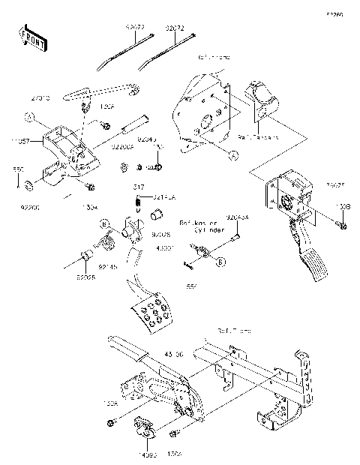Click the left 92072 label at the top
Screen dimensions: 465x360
point(135,26)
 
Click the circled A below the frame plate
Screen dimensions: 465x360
point(233,154)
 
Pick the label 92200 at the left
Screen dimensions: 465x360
point(30,203)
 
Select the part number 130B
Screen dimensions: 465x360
point(343,205)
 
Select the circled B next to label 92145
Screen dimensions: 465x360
point(106,222)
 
